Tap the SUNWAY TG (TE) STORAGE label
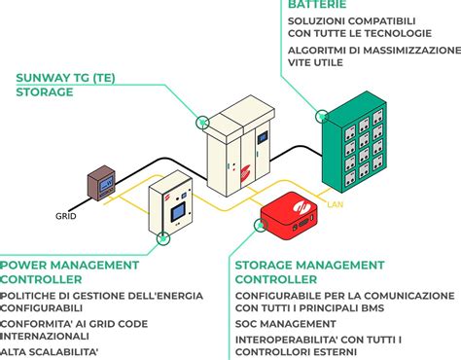[x=58, y=85]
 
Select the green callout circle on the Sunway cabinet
[x=203, y=123]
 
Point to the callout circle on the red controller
[x=260, y=225]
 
